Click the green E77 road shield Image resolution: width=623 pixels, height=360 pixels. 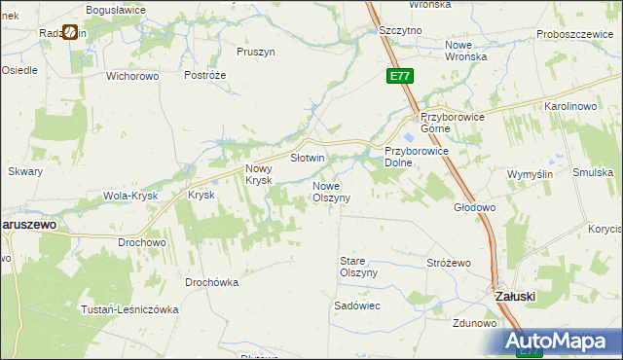coord(399,75)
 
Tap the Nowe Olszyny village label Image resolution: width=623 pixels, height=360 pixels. coord(338,191)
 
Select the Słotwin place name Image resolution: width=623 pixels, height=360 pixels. coord(308,157)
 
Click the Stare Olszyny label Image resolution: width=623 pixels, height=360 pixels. coord(357,267)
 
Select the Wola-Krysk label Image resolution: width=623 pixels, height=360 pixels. coord(129,196)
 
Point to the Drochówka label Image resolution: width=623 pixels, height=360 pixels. coord(212,282)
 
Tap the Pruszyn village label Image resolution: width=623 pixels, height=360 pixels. coord(256,51)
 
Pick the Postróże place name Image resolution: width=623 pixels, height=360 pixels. coord(204,75)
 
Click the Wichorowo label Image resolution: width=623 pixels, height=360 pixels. coord(132,75)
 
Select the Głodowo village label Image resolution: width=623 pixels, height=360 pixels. coord(475,207)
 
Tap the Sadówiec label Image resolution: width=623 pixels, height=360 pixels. coord(356,306)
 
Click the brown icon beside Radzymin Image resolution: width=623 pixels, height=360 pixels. coord(71,32)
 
